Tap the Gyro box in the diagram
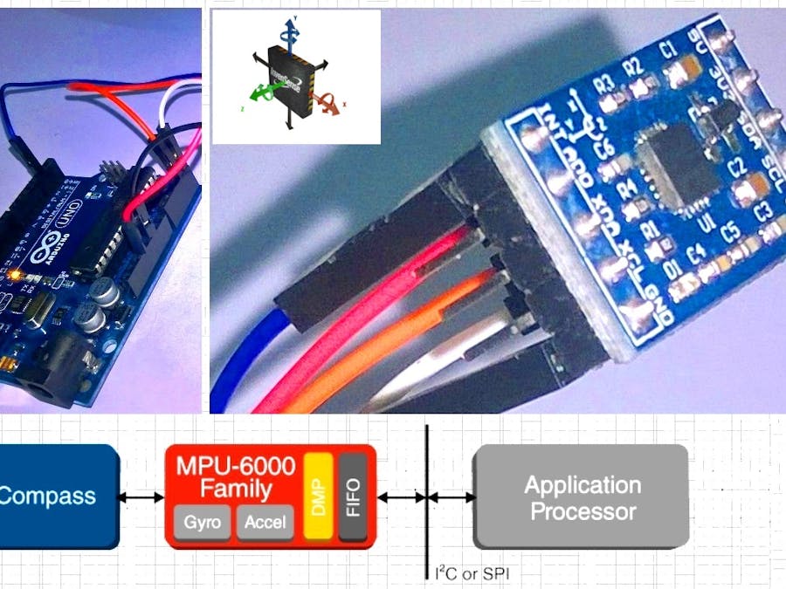(x=203, y=523)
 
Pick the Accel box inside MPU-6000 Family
(x=265, y=523)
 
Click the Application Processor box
(x=581, y=497)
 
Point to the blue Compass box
(x=57, y=497)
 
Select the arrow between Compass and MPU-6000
(x=141, y=497)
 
